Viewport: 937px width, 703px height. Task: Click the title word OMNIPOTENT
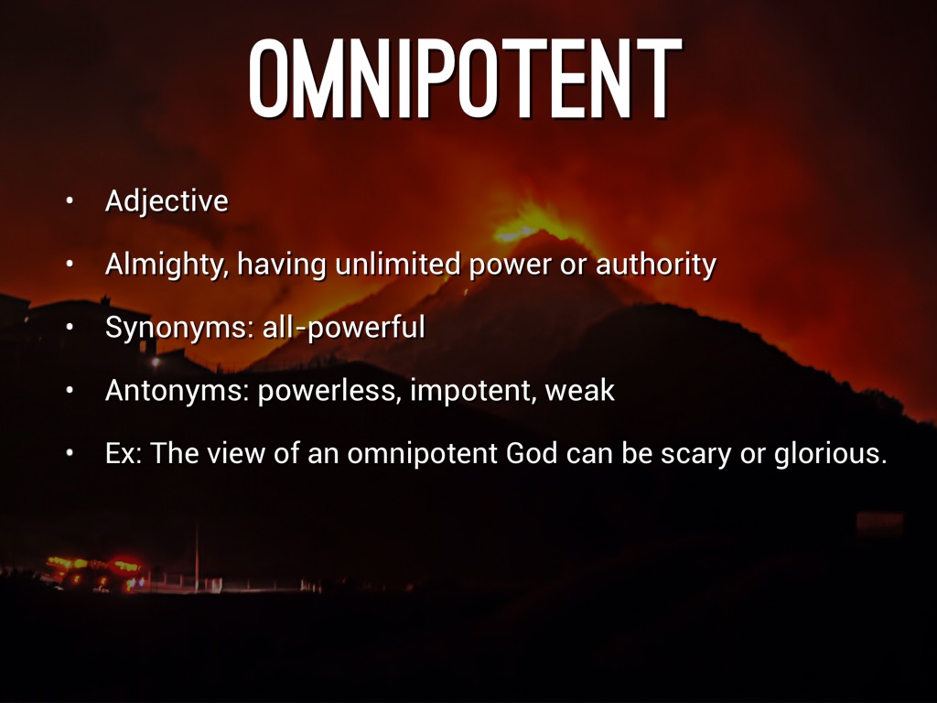pyautogui.click(x=465, y=79)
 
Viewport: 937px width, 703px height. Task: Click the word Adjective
pyautogui.click(x=167, y=201)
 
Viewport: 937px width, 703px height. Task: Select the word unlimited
pyautogui.click(x=397, y=264)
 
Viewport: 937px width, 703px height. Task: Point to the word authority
pyautogui.click(x=655, y=265)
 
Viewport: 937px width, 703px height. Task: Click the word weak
pyautogui.click(x=579, y=390)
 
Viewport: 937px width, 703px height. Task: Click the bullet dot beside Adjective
pyautogui.click(x=70, y=201)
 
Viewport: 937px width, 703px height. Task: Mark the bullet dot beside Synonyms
pyautogui.click(x=70, y=328)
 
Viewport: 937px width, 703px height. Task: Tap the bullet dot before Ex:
pyautogui.click(x=70, y=454)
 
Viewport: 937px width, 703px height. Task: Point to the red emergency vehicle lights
pyautogui.click(x=95, y=572)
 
